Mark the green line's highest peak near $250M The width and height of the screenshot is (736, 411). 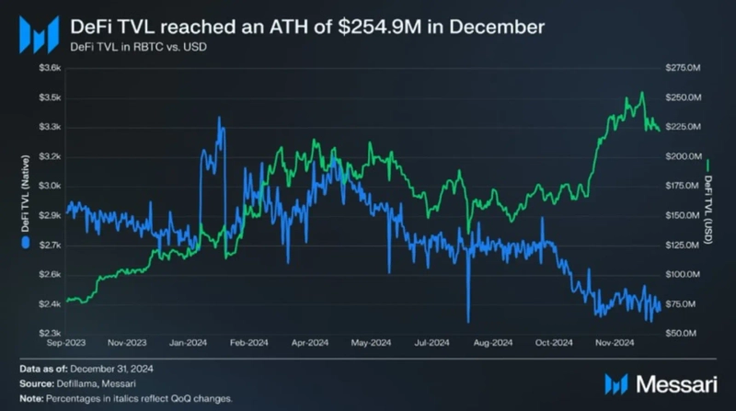click(x=641, y=92)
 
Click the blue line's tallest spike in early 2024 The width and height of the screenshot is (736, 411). click(x=219, y=118)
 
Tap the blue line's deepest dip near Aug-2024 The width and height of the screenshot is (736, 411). click(x=468, y=321)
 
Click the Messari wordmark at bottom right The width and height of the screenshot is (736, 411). click(x=671, y=383)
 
